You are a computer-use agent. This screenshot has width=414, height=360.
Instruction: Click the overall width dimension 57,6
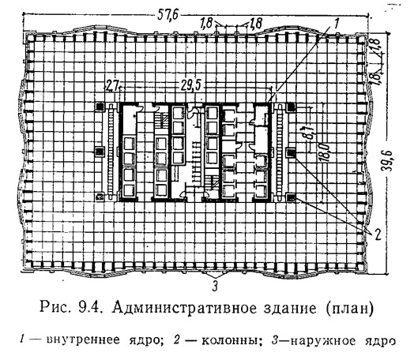pos(168,15)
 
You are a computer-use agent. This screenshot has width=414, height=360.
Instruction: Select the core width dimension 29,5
pos(190,86)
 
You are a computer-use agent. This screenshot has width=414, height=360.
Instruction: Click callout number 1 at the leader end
pos(336,24)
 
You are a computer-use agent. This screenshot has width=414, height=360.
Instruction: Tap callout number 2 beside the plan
pos(378,234)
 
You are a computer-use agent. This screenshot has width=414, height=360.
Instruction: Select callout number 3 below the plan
pos(215,286)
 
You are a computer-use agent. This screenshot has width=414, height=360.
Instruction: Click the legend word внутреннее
pos(84,340)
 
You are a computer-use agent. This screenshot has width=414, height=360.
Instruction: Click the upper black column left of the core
pos(100,107)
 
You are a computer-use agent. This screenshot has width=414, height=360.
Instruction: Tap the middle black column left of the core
pos(100,152)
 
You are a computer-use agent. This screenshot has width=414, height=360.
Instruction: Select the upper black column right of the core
pos(292,107)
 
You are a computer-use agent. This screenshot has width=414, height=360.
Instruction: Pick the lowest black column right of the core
pos(292,197)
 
